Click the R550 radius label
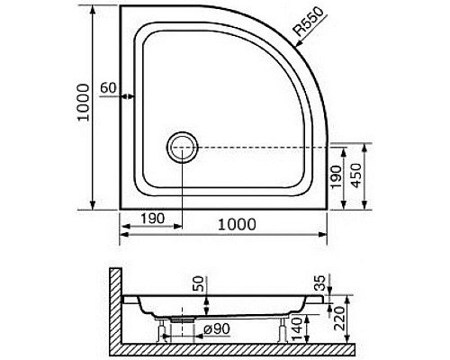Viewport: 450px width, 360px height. (x=310, y=22)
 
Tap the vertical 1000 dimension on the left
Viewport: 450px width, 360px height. (x=84, y=103)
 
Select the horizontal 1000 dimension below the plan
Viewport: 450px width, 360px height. (x=237, y=224)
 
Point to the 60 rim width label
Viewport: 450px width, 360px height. (x=108, y=88)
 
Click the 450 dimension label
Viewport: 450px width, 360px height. (x=356, y=175)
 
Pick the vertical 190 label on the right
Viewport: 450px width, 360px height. (x=336, y=177)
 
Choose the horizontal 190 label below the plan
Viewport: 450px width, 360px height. (x=153, y=219)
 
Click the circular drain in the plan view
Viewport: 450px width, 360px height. (x=183, y=148)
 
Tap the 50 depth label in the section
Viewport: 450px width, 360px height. (x=198, y=284)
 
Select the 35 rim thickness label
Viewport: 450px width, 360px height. (x=319, y=283)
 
